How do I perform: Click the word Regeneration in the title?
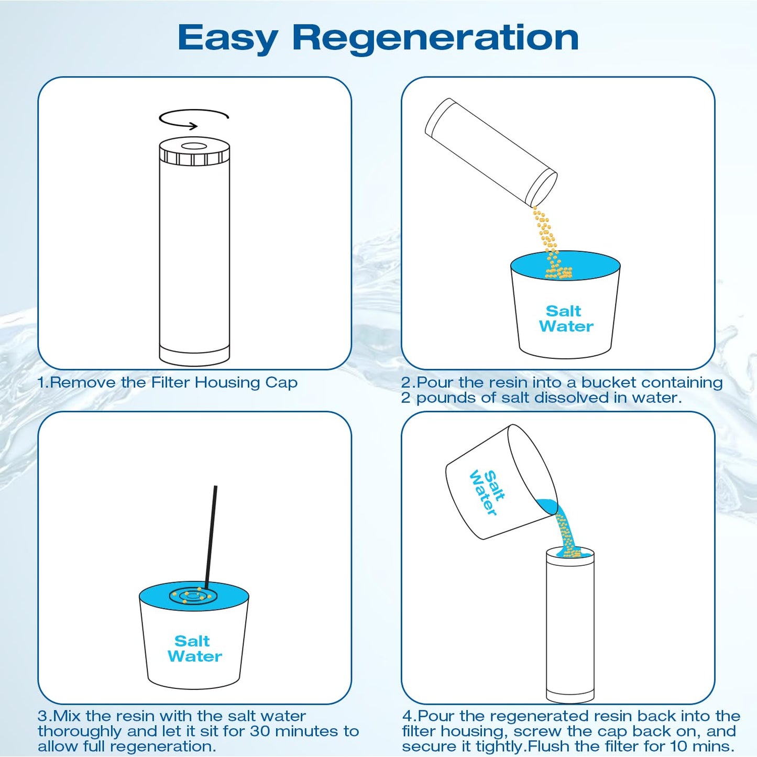435,38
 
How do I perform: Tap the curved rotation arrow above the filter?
194,118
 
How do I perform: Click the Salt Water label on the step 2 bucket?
565,319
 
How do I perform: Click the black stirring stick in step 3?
211,534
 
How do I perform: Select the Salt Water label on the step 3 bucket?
194,649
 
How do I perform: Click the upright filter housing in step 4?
570,629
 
